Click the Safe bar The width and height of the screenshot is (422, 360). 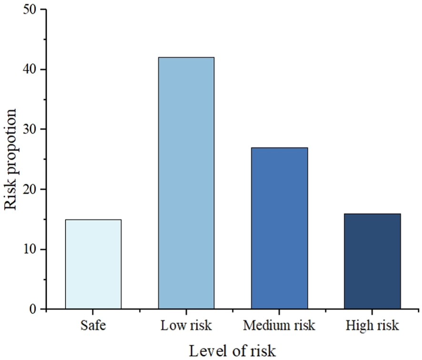click(x=93, y=264)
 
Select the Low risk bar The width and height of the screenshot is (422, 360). click(x=186, y=183)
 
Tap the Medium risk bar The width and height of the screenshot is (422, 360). click(x=280, y=228)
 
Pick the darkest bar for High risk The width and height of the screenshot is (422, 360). click(x=372, y=261)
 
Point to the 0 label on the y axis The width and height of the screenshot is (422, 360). click(x=32, y=309)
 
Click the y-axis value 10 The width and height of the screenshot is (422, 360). click(x=30, y=249)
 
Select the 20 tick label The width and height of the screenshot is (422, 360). click(x=30, y=189)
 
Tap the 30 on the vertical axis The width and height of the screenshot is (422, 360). click(x=30, y=129)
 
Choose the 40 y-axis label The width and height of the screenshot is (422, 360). click(x=30, y=69)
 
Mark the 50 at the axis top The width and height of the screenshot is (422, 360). click(x=30, y=10)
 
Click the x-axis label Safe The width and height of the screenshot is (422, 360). click(x=93, y=325)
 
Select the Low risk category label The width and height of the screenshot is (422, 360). click(x=186, y=325)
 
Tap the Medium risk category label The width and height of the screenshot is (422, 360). click(x=279, y=325)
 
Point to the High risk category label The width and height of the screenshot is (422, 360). click(x=372, y=326)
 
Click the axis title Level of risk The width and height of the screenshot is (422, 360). click(x=232, y=351)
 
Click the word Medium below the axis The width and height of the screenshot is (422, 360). click(x=265, y=325)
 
